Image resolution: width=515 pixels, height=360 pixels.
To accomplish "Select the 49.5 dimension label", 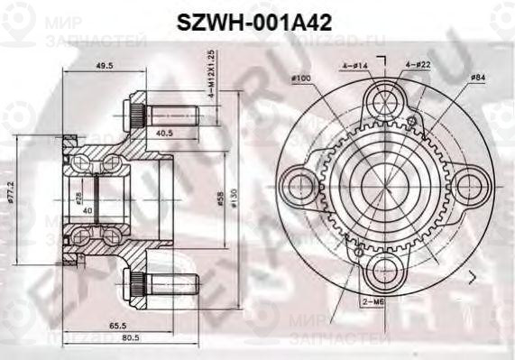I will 105,66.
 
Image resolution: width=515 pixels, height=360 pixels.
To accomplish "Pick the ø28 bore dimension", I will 79,196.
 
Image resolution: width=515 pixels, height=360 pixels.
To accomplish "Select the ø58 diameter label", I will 222,198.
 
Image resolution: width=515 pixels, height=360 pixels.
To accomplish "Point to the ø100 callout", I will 301,80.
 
